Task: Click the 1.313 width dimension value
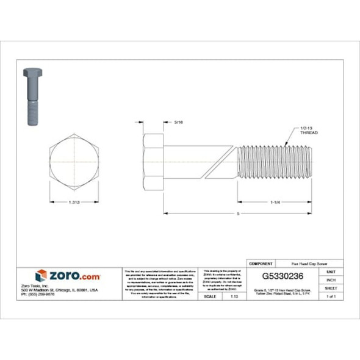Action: coord(74,202)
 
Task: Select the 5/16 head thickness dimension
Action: coord(179,122)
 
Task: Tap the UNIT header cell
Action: coord(331,271)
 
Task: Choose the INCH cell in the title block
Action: coord(331,279)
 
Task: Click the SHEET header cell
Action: coord(331,287)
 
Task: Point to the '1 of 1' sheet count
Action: coord(331,296)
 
